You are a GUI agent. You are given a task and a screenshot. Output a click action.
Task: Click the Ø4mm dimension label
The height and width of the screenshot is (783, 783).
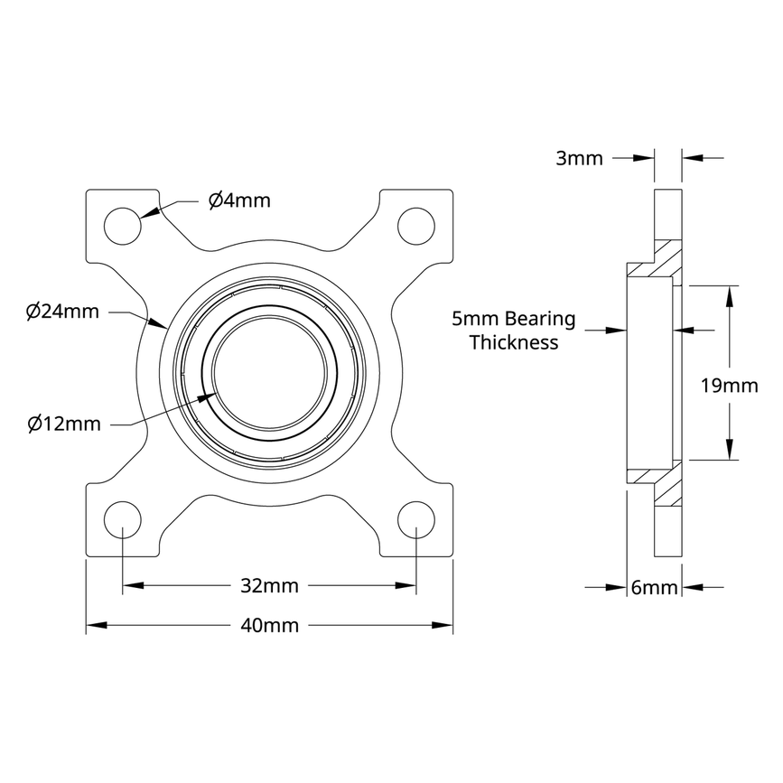(239, 200)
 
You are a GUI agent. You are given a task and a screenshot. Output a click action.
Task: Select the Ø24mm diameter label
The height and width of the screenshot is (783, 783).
(62, 312)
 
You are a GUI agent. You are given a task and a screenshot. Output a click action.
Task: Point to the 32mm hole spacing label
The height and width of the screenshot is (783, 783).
(268, 585)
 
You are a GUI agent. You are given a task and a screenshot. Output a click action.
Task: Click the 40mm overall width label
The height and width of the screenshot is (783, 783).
(268, 625)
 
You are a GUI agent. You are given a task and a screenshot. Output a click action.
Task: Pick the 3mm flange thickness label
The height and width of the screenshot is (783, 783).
(579, 159)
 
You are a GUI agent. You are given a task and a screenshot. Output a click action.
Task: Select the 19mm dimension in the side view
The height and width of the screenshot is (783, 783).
(729, 387)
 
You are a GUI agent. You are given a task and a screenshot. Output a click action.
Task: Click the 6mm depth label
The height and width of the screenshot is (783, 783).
(654, 588)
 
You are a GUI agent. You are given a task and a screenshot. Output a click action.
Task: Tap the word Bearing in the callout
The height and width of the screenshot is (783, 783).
(539, 319)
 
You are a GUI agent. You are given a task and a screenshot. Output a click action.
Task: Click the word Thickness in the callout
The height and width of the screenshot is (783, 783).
(514, 342)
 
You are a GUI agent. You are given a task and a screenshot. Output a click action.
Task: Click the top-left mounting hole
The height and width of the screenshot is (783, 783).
(123, 225)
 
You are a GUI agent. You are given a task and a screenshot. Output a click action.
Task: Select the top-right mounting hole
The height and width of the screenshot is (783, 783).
(415, 225)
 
